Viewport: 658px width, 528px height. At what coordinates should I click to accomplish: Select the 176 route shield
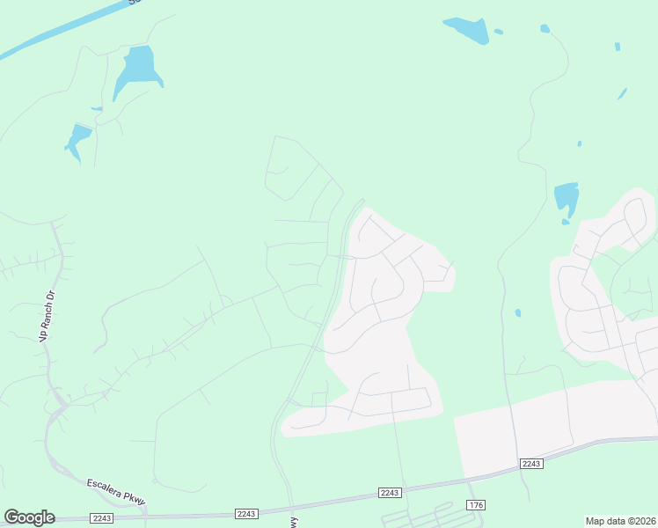pos(476,504)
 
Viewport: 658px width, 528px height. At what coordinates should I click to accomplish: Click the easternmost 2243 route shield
pos(530,463)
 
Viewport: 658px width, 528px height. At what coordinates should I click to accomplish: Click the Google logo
pos(29,517)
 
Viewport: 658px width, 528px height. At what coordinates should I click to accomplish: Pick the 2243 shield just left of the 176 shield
pos(390,493)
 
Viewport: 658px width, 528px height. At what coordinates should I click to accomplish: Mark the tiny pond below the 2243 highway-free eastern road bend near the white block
pos(517,312)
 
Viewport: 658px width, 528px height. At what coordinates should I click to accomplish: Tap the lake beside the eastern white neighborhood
pos(566,199)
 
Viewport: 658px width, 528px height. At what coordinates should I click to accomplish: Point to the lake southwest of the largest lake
pos(77,140)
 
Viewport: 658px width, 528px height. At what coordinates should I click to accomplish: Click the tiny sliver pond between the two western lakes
pos(96,109)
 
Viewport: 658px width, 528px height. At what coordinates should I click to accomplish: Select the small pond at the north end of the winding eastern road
pos(545,29)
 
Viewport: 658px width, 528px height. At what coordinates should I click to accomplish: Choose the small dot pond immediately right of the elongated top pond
pos(499,32)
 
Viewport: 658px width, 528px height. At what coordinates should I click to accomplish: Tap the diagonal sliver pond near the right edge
pos(622,93)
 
